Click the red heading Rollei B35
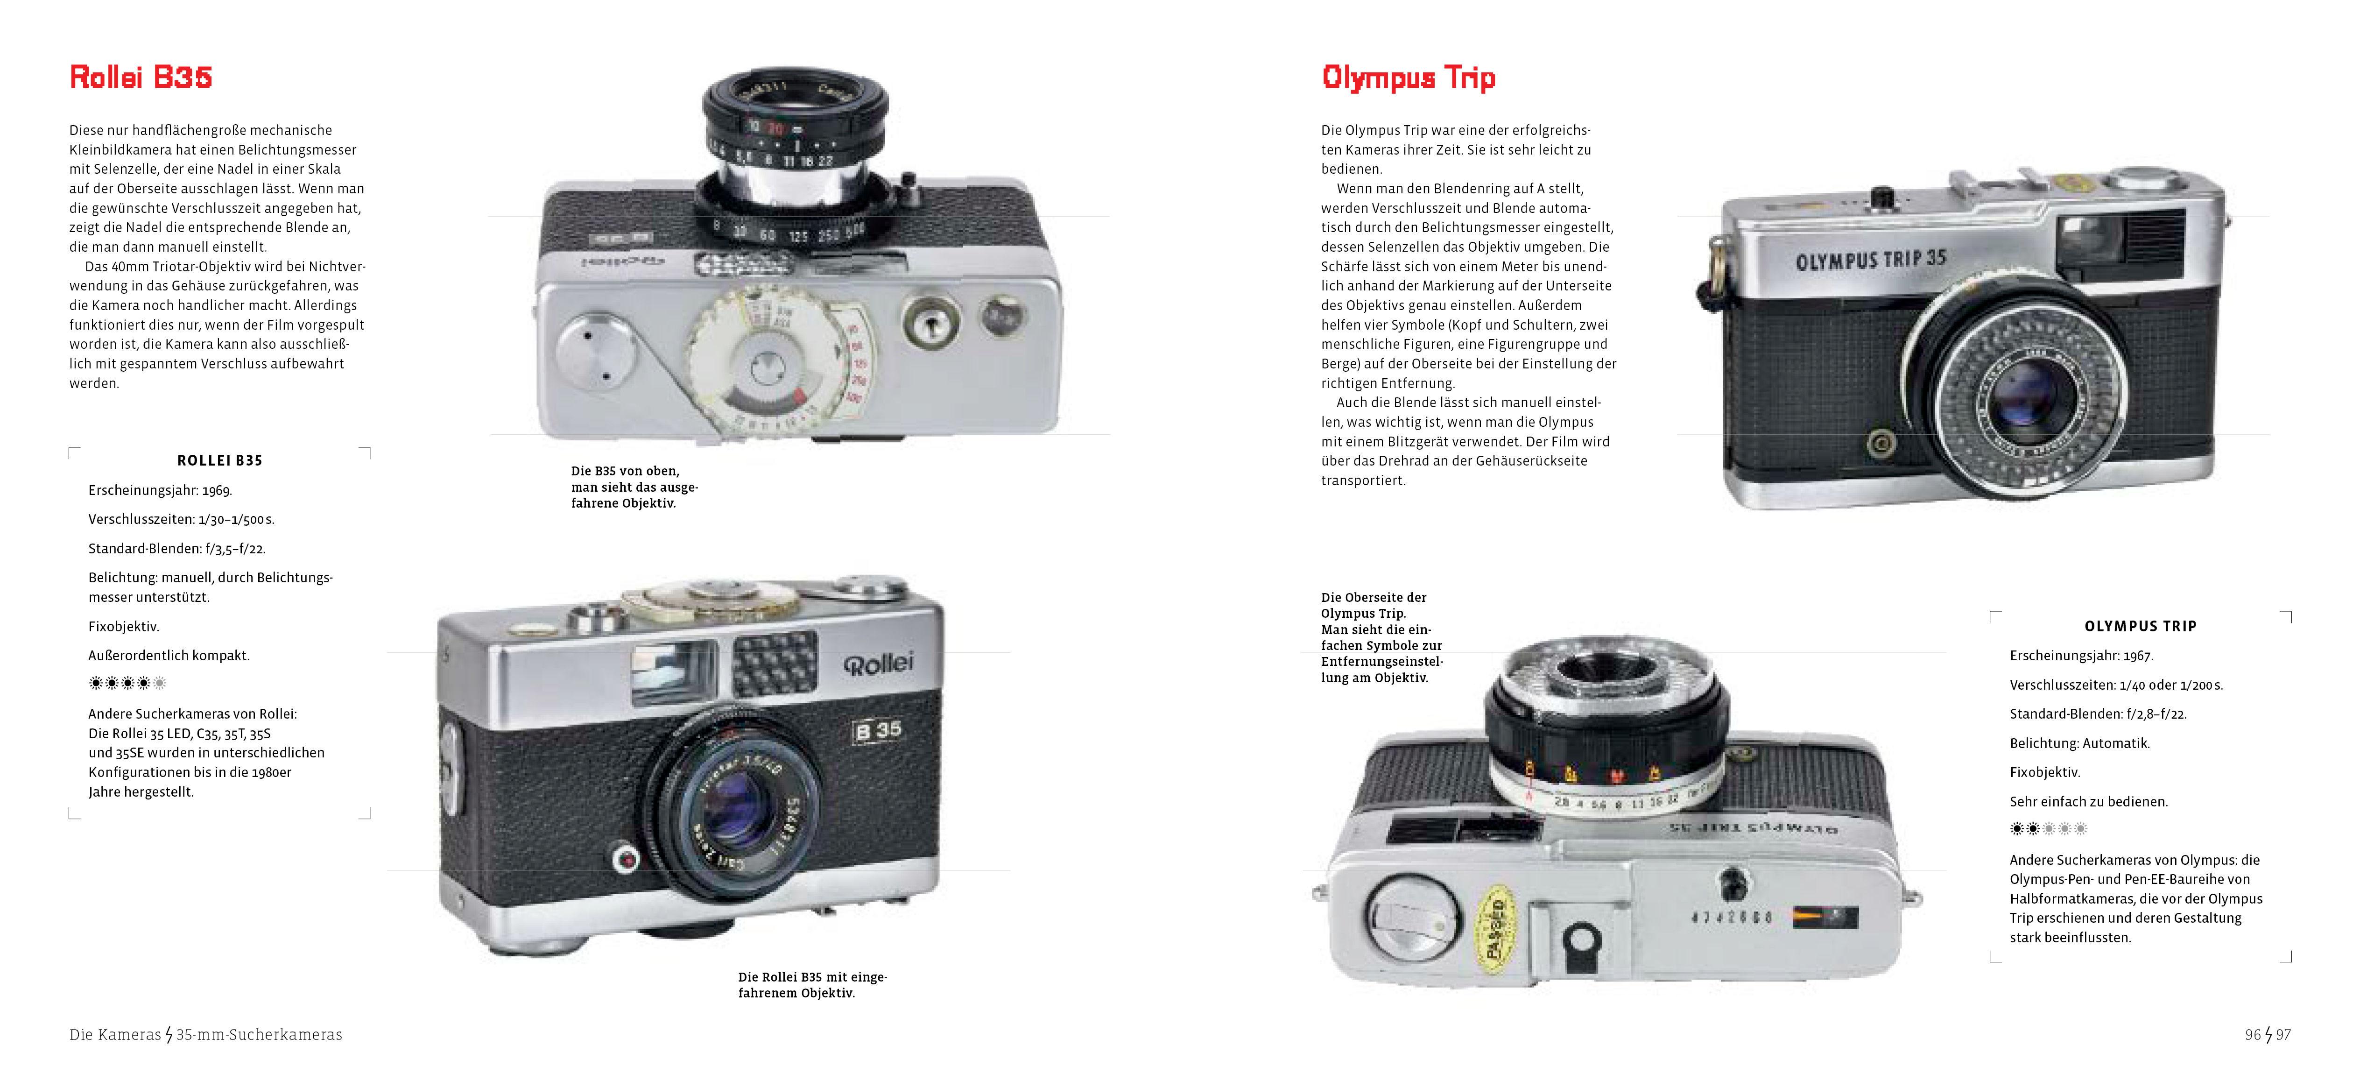141,77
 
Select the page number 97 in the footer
2283,1034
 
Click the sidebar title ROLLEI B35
220,461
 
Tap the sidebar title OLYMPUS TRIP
2140,627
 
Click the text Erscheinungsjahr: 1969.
160,490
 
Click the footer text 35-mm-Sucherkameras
259,1034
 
